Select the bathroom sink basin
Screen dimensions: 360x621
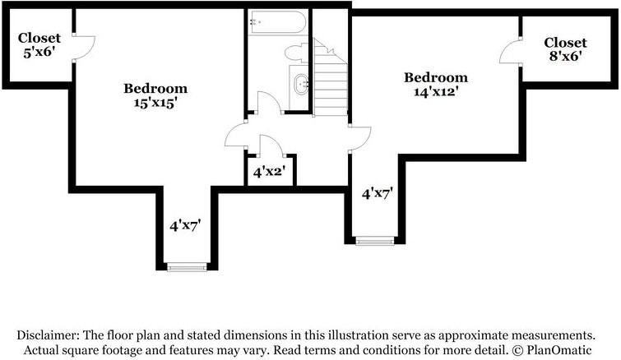(301, 82)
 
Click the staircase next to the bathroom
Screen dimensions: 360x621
(331, 79)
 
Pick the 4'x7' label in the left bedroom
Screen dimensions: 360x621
(185, 224)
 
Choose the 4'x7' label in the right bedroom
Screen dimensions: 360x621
(378, 194)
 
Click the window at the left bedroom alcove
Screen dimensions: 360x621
(187, 266)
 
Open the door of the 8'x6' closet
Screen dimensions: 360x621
(511, 51)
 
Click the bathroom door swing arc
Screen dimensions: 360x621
(269, 102)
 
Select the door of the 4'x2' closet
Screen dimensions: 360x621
(271, 145)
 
